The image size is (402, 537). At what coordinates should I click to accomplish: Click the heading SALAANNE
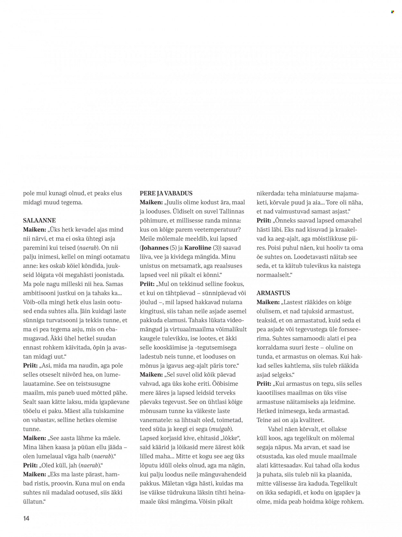pos(39,221)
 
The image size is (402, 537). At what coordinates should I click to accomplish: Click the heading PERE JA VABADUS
pos(166,194)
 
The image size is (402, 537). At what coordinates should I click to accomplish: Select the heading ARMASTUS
pos(273,293)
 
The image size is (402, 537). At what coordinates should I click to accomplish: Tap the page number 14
pos(26,519)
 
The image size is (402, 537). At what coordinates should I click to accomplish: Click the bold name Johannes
pos(155,248)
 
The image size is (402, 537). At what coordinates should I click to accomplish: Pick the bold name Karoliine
pos(197,248)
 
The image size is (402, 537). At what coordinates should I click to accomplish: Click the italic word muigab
pos(221,429)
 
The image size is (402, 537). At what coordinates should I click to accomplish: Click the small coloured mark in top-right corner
pos(392,12)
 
